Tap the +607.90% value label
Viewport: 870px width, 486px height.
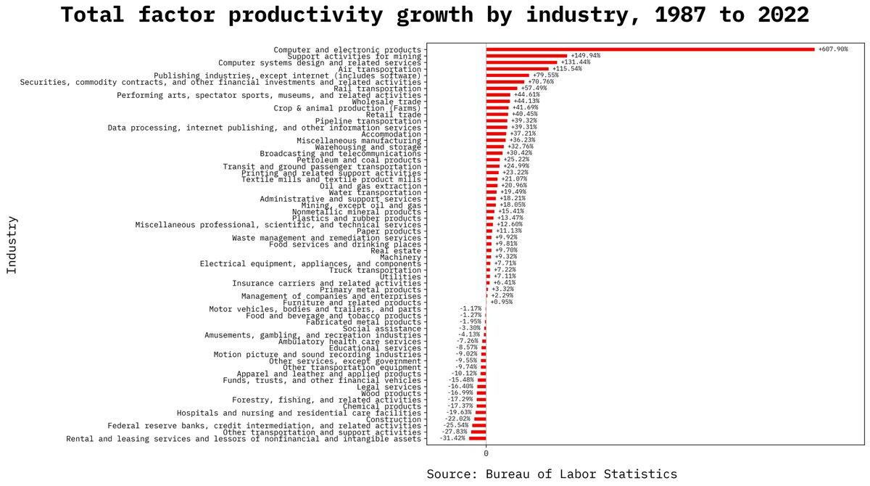pos(832,49)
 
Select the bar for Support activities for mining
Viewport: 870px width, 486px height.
pos(526,56)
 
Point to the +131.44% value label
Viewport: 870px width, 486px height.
pos(575,62)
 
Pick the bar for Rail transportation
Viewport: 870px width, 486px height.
pos(501,88)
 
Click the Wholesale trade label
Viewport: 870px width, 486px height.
pos(386,102)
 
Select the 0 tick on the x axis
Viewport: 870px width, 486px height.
pos(486,453)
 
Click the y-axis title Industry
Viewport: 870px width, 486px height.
pos(12,244)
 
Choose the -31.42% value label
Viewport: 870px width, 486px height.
pos(453,439)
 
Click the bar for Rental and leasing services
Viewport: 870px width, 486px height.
pos(477,439)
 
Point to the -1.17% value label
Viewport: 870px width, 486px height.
pos(470,309)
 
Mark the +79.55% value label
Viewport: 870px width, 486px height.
pos(545,75)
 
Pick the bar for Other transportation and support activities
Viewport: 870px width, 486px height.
pos(478,432)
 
